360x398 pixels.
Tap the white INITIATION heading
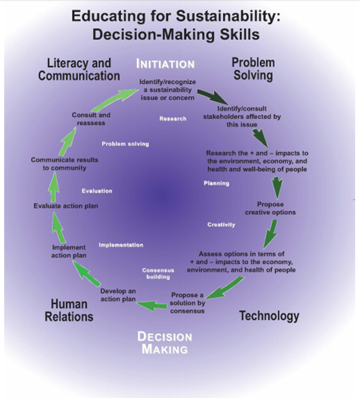point(166,64)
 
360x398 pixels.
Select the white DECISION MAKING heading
point(165,343)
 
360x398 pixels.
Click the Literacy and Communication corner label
point(79,70)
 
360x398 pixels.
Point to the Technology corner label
point(269,316)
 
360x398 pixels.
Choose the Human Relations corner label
point(69,310)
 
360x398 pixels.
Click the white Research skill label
point(173,119)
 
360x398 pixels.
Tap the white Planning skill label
point(217,183)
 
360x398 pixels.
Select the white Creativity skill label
point(222,225)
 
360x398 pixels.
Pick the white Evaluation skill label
point(96,191)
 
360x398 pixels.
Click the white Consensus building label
point(158,274)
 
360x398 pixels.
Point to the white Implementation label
point(121,245)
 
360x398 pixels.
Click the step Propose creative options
point(271,208)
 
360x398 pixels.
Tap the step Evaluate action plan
point(66,206)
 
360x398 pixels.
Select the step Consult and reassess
point(91,119)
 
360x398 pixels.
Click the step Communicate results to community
point(64,163)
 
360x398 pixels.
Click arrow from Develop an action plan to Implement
point(86,274)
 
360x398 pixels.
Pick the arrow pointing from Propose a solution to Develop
point(152,305)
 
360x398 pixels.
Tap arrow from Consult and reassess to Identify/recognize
point(115,99)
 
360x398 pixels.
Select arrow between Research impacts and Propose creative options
point(277,188)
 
